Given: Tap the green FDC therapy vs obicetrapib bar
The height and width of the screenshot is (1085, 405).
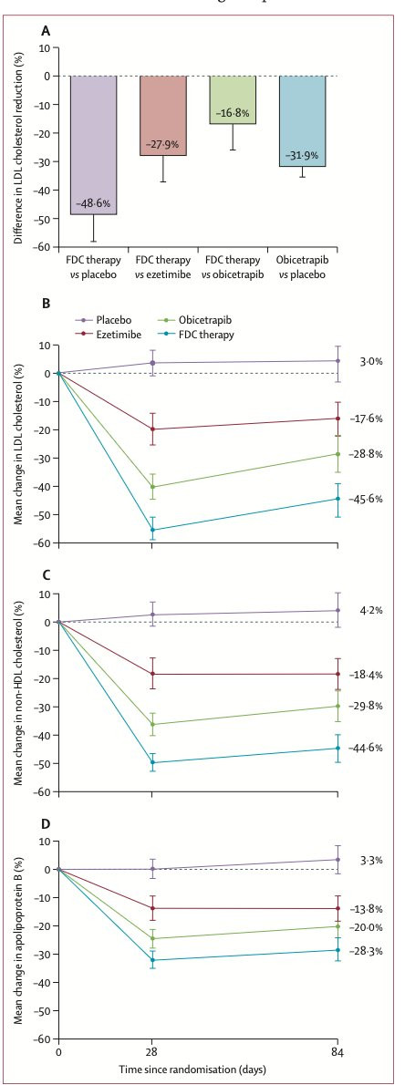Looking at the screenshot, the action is pyautogui.click(x=233, y=99).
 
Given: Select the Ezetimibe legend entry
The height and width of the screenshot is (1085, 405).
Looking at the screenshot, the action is pyautogui.click(x=105, y=335).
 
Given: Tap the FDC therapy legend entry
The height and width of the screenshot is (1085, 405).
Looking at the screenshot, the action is pyautogui.click(x=182, y=335).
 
